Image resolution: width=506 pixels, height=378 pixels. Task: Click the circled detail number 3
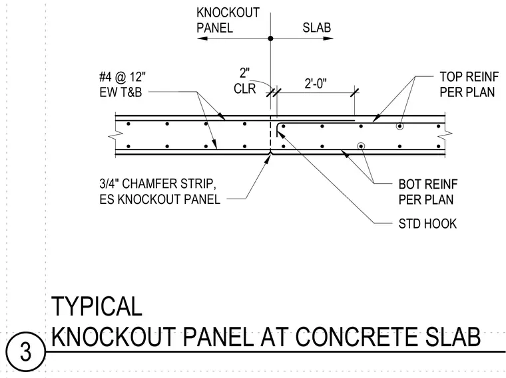(x=25, y=352)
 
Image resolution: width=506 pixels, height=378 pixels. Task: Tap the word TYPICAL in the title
(x=97, y=306)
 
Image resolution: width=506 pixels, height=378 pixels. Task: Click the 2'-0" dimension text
(x=316, y=84)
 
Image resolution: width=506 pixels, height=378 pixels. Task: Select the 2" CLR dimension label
(x=244, y=81)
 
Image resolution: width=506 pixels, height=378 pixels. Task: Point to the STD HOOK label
(x=427, y=224)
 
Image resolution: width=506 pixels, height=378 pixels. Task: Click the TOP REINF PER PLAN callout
(x=469, y=84)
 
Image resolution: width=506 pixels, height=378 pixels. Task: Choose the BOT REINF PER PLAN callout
(x=428, y=192)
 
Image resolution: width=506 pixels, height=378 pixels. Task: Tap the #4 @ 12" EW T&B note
(x=123, y=84)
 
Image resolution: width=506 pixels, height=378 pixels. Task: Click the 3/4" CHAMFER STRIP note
(x=158, y=184)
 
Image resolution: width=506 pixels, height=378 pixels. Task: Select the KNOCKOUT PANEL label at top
(x=228, y=20)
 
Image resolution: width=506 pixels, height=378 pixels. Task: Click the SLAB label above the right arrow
(x=316, y=28)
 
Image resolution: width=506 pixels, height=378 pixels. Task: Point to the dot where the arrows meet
(x=271, y=39)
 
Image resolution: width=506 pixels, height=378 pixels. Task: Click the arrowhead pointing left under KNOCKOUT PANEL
(x=202, y=39)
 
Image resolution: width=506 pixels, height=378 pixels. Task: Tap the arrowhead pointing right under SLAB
(x=328, y=39)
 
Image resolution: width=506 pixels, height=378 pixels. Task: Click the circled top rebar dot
(x=400, y=126)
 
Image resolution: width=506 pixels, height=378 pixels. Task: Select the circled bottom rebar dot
(x=361, y=146)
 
